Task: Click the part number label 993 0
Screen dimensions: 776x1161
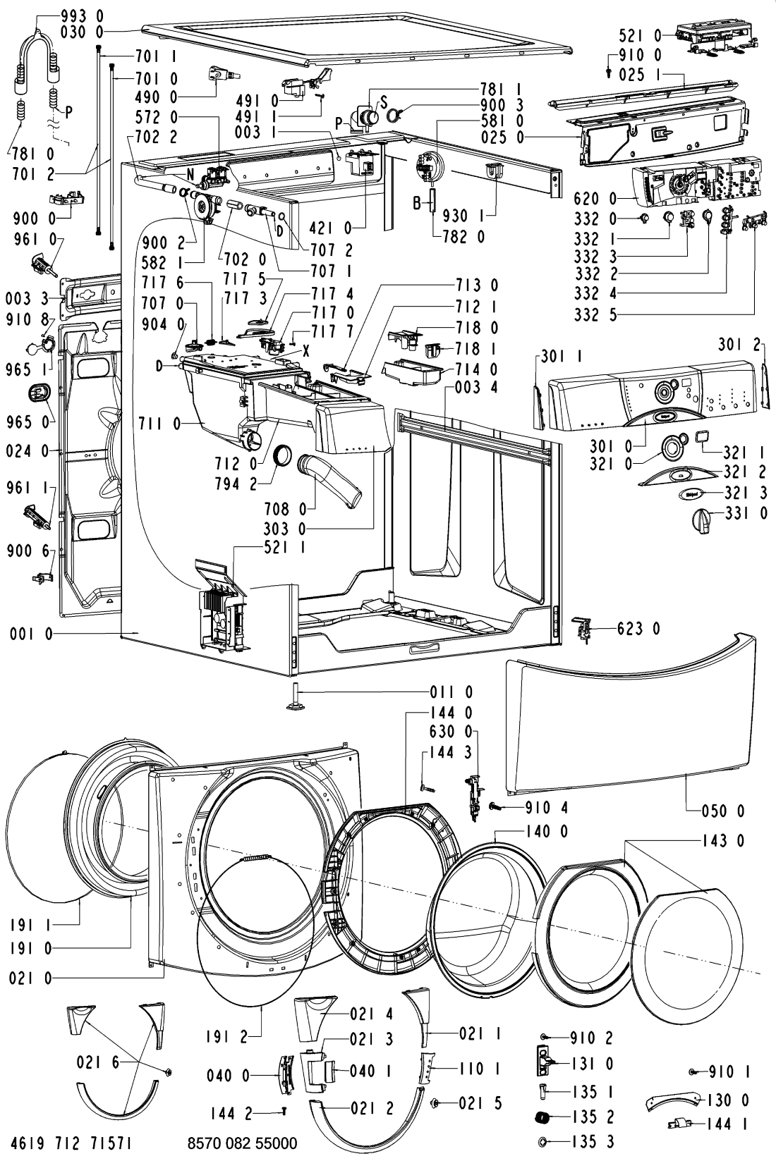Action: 81,16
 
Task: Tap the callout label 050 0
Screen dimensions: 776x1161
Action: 723,811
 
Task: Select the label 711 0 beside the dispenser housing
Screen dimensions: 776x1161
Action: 159,424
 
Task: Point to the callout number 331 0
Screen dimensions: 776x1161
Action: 746,513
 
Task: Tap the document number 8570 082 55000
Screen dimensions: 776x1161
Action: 242,1143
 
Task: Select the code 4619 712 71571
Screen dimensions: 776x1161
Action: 71,1143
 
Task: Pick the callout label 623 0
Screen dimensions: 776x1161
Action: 638,629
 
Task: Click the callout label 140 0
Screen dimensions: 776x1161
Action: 547,831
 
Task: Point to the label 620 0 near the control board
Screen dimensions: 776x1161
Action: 595,199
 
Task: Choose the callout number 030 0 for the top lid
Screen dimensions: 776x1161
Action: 81,32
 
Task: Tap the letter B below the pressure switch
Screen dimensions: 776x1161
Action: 417,203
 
